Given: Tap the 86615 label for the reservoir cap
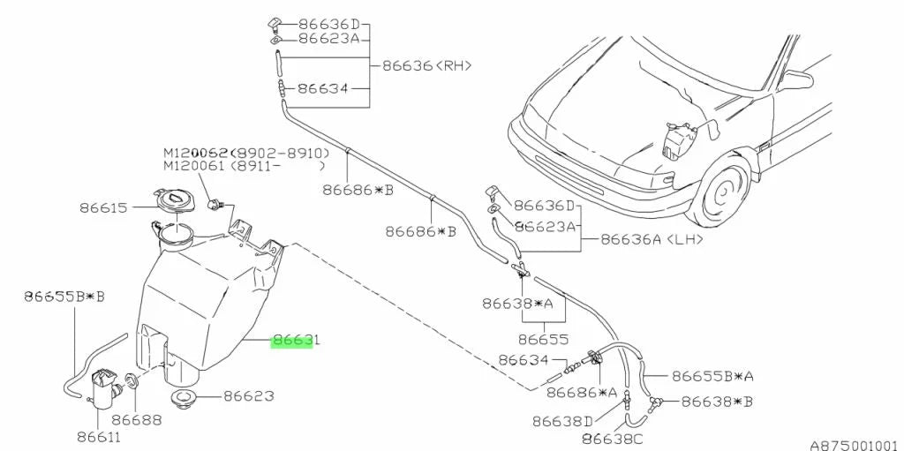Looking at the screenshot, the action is click(x=103, y=207).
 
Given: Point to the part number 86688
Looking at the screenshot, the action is click(x=137, y=421).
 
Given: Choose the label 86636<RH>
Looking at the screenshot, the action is click(x=427, y=65).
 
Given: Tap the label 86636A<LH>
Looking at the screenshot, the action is click(x=652, y=239).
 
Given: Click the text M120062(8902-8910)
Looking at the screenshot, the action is click(x=246, y=154).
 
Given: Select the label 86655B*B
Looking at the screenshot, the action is click(x=64, y=297).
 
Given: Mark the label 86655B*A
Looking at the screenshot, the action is click(x=712, y=377).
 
